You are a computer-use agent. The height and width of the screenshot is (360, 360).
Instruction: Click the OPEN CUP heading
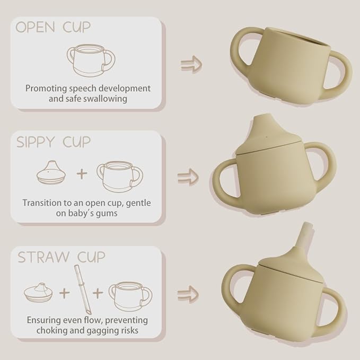coord(53,27)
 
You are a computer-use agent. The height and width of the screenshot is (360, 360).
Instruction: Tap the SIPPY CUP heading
coord(54,142)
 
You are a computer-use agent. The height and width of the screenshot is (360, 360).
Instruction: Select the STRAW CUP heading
coord(62,257)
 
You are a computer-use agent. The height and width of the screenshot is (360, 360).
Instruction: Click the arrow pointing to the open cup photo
coord(191,65)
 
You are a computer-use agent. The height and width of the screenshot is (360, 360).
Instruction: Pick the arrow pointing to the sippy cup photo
coord(188,177)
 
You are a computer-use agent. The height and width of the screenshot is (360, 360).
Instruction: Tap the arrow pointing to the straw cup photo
coord(188,294)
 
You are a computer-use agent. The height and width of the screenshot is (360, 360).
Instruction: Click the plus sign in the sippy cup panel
coord(82,173)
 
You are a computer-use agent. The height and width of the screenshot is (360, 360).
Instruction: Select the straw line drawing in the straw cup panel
coord(83,289)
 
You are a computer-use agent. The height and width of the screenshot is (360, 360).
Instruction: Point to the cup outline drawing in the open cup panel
coord(91,60)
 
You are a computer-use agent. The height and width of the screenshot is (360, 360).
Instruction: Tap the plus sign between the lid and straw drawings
coord(65,293)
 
